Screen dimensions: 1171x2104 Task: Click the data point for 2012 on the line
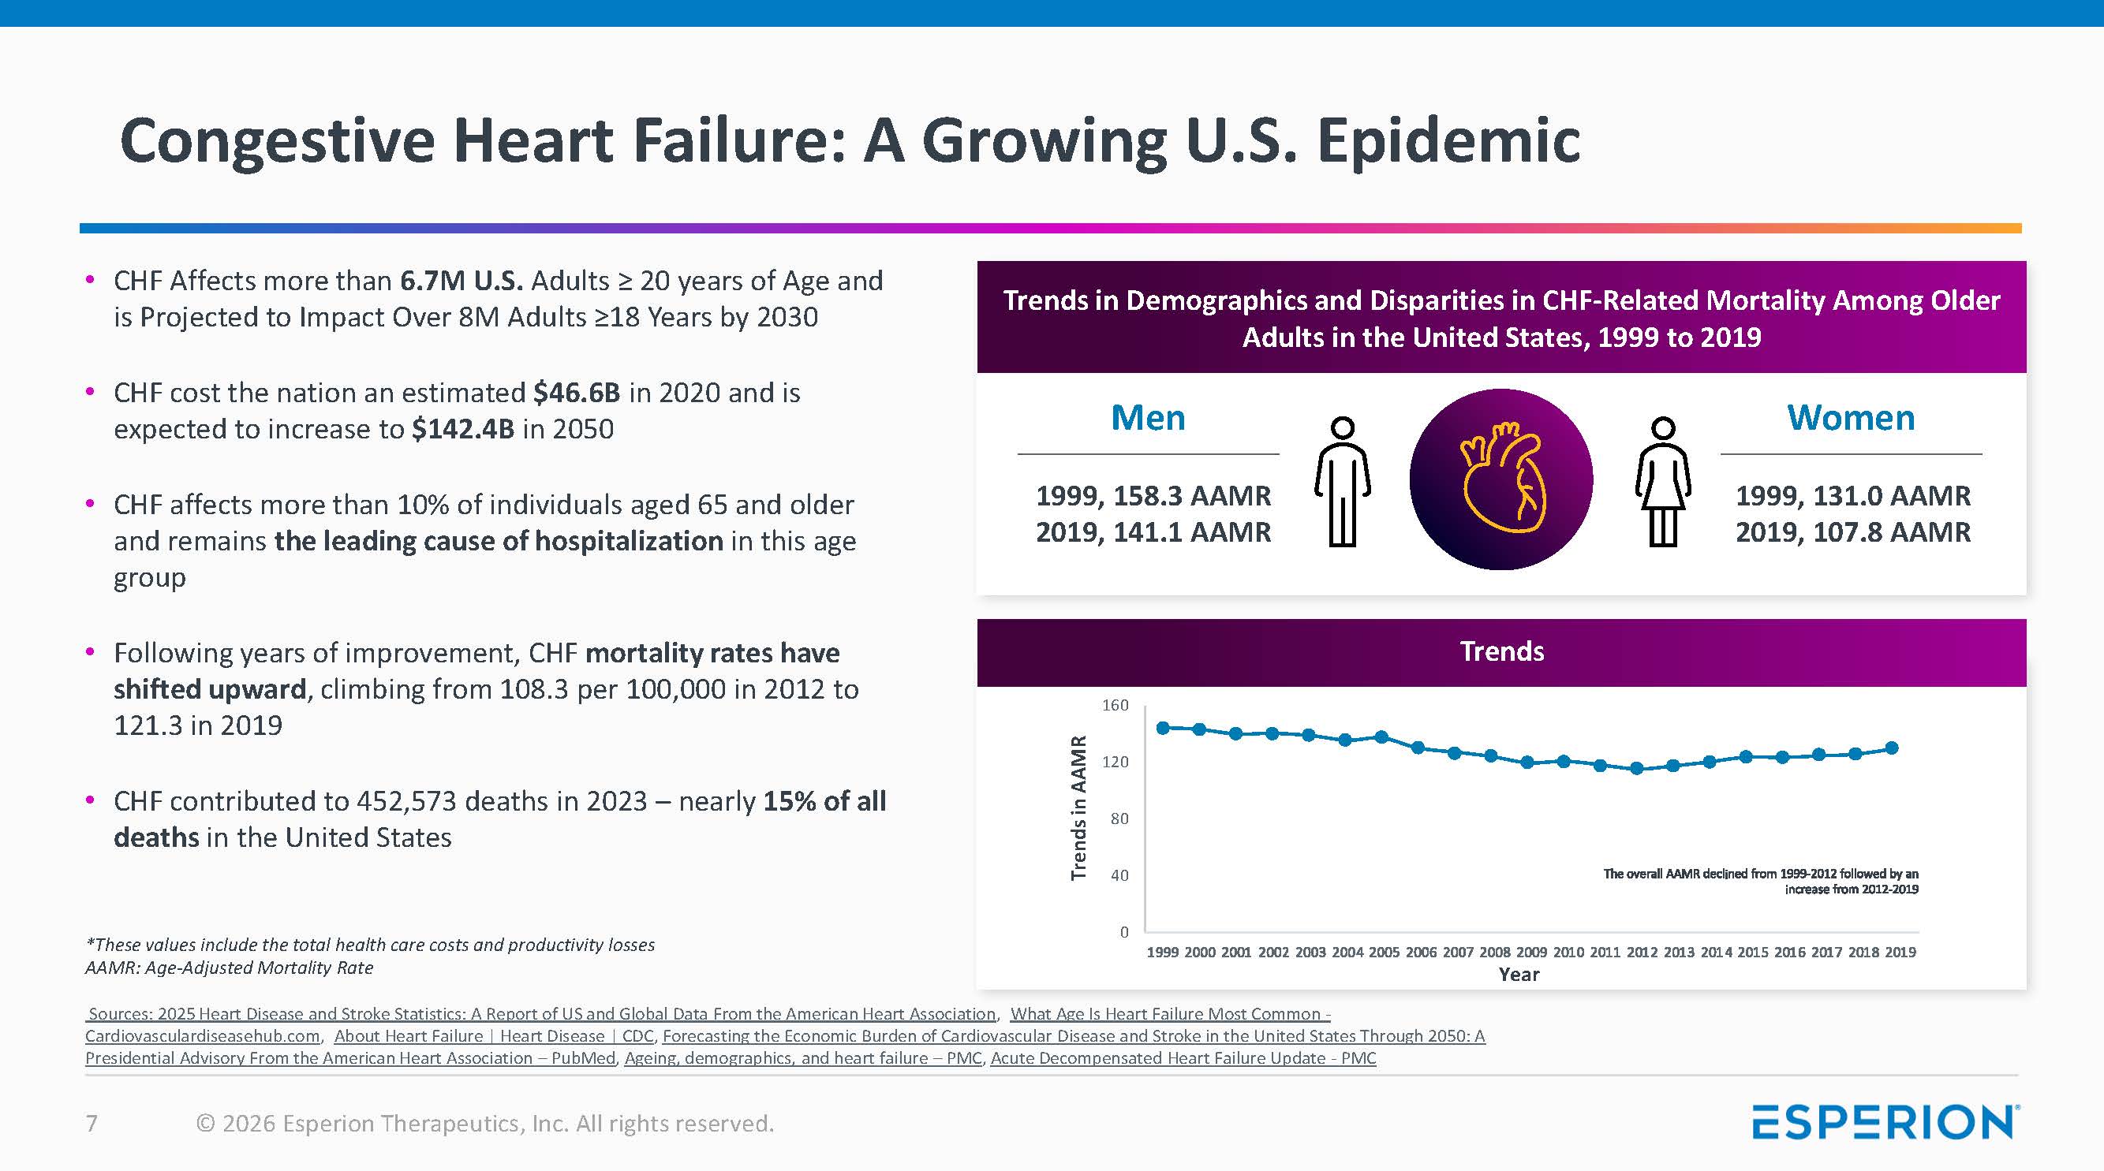(1636, 768)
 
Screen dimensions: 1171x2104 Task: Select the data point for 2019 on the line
(1892, 748)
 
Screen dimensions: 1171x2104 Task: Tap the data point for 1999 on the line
(1163, 728)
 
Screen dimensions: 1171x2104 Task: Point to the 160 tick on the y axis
(1115, 705)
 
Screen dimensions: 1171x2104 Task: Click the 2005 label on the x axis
(1384, 952)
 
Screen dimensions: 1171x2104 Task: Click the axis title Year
(1519, 974)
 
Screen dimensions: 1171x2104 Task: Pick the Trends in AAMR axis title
(1079, 807)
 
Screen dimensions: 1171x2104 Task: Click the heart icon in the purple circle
(1501, 479)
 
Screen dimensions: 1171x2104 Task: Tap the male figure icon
(1342, 482)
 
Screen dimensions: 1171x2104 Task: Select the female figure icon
(1662, 482)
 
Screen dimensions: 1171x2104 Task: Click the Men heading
(1148, 418)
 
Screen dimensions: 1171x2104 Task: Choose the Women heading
(1851, 418)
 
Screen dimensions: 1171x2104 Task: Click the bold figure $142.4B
(462, 429)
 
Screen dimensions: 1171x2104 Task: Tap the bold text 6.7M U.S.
(461, 281)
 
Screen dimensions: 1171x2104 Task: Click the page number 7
(92, 1124)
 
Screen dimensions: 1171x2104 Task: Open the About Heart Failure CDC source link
(493, 1036)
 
